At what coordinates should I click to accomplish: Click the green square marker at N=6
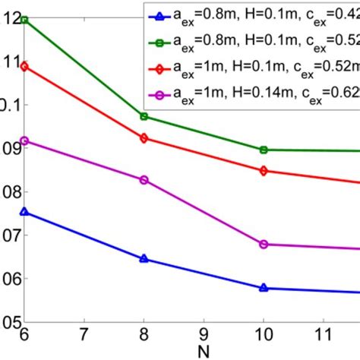pyautogui.click(x=24, y=19)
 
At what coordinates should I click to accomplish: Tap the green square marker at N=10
pyautogui.click(x=264, y=150)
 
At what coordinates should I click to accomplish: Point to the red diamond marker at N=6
pyautogui.click(x=24, y=66)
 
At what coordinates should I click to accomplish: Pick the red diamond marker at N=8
pyautogui.click(x=144, y=137)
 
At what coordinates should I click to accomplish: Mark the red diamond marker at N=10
pyautogui.click(x=264, y=171)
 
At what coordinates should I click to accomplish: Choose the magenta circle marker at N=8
pyautogui.click(x=144, y=180)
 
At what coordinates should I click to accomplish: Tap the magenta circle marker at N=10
pyautogui.click(x=264, y=244)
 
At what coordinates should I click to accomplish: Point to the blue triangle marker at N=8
pyautogui.click(x=144, y=259)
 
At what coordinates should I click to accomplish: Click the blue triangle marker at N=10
pyautogui.click(x=264, y=288)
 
